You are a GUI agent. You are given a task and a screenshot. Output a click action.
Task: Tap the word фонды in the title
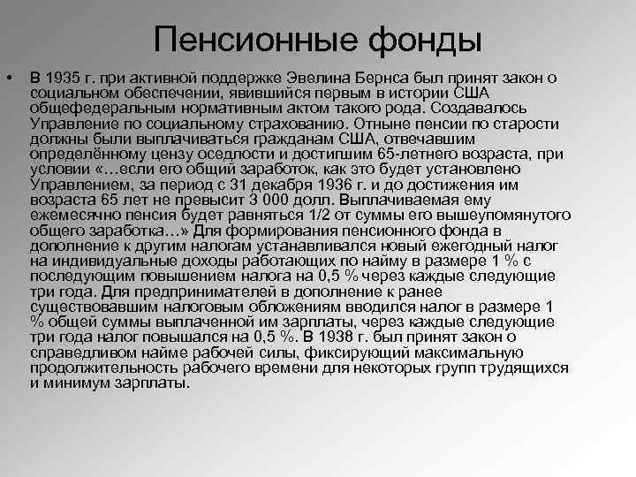point(413,39)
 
